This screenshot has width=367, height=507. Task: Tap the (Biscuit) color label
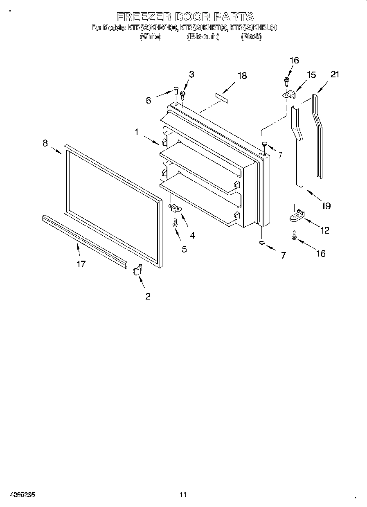click(203, 37)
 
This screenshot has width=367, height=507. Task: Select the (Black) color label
click(251, 37)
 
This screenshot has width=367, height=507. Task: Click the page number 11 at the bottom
click(183, 495)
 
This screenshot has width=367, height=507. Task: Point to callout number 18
click(242, 76)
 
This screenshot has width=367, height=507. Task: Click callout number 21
click(335, 74)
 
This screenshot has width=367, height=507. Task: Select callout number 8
click(45, 143)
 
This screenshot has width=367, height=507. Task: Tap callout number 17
click(81, 264)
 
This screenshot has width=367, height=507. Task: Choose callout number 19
click(326, 206)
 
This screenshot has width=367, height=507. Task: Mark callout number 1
click(136, 132)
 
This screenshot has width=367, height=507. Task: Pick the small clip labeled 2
click(137, 270)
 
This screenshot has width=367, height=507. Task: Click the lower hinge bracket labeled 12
click(297, 216)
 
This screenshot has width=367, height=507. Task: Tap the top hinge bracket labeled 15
click(289, 95)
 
